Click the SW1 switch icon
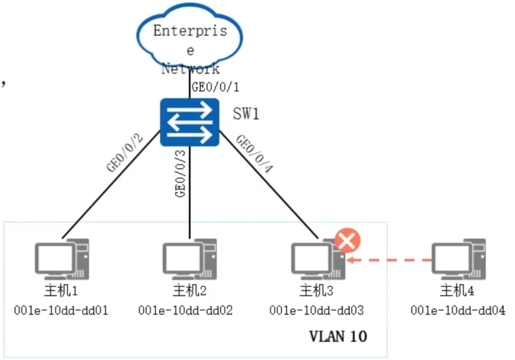pyautogui.click(x=189, y=123)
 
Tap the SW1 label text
pyautogui.click(x=246, y=114)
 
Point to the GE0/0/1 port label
pyautogui.click(x=216, y=87)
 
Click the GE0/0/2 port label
pyautogui.click(x=126, y=153)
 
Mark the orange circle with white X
pyautogui.click(x=348, y=241)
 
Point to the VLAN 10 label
pyautogui.click(x=338, y=336)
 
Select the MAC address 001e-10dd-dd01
pyautogui.click(x=61, y=311)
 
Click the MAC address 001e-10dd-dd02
pyautogui.click(x=186, y=311)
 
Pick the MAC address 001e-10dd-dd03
pyautogui.click(x=317, y=311)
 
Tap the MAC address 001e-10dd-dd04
pyautogui.click(x=458, y=311)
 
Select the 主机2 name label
pyautogui.click(x=189, y=291)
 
